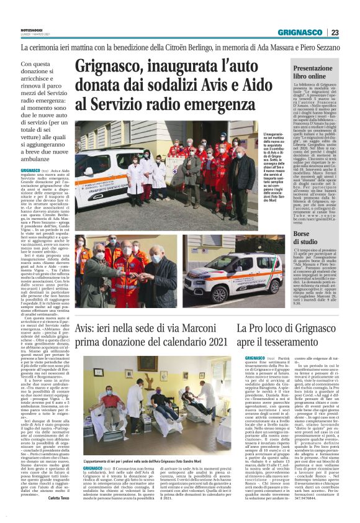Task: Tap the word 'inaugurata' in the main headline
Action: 176,66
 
